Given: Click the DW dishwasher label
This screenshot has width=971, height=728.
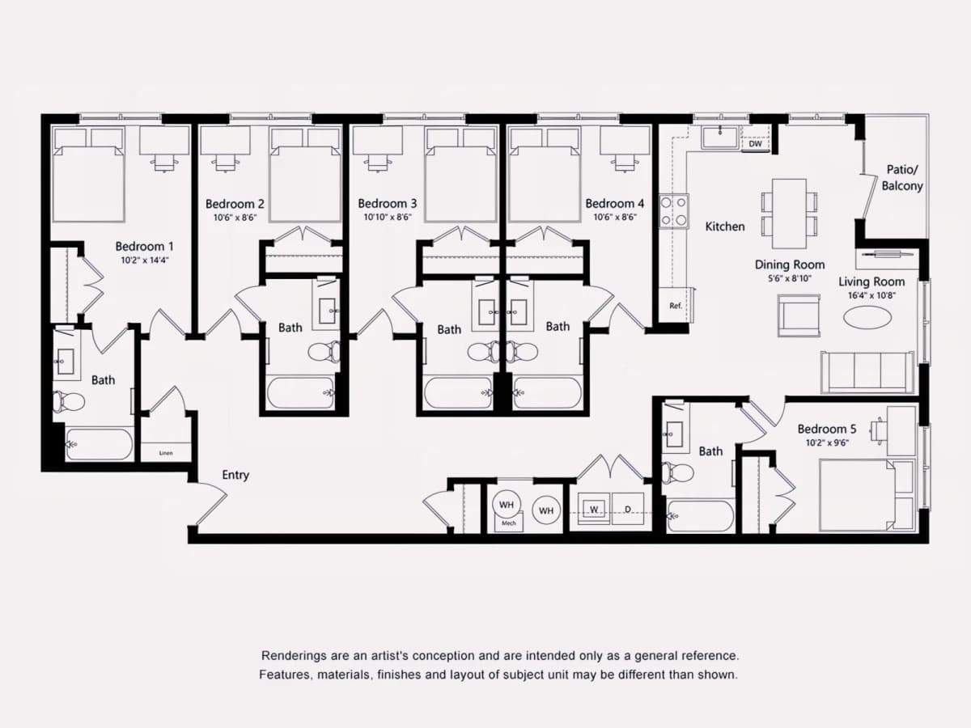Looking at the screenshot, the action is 755,144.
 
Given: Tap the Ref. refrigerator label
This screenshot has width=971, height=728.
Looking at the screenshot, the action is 676,306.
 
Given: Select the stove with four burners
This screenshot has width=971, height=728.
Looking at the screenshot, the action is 674,211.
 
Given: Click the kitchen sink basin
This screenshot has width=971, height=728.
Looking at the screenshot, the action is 719,137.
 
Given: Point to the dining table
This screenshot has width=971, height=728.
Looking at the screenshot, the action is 789,214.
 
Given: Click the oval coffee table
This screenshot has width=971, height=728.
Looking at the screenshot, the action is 867,317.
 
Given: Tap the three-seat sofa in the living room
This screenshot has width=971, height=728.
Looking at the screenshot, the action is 867,372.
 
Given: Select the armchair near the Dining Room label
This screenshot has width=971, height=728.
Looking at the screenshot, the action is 799,315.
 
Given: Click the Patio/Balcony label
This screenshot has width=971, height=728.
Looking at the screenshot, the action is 902,178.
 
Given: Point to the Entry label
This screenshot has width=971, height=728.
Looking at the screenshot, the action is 235,475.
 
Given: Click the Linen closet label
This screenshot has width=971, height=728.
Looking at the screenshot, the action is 166,453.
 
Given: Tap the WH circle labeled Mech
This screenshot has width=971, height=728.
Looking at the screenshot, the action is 507,504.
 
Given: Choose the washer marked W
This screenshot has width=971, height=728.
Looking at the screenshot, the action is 594,509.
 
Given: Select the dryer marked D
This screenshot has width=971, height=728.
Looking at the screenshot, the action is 628,509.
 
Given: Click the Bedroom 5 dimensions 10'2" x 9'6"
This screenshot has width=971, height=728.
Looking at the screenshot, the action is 827,442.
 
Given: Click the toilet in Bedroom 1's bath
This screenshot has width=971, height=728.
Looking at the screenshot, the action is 69,402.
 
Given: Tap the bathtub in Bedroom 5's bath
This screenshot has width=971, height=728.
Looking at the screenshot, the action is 700,515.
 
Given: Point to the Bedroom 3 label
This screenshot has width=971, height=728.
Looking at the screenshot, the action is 387,204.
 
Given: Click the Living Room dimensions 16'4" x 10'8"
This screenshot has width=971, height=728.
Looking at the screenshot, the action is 871,295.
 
